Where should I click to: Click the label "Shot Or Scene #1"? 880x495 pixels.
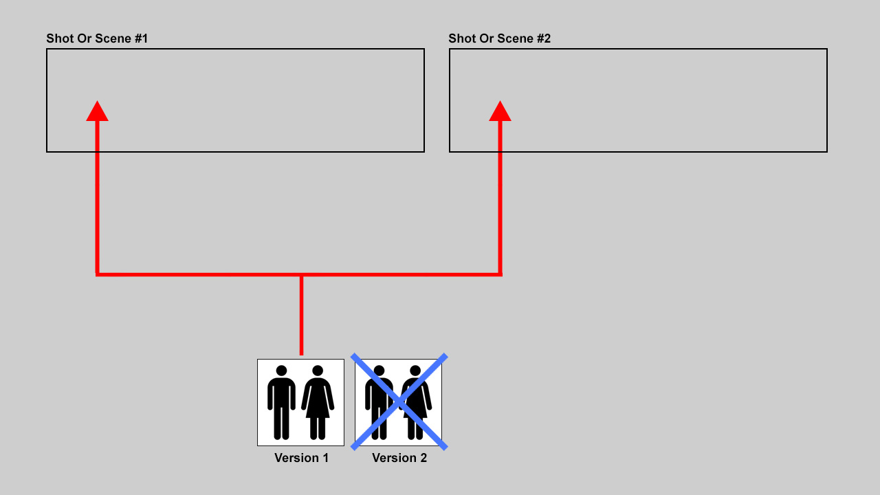pyautogui.click(x=97, y=38)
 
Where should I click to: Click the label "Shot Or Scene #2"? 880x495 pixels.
pyautogui.click(x=499, y=38)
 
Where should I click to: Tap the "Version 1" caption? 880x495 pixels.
pyautogui.click(x=301, y=458)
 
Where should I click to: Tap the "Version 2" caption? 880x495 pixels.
pyautogui.click(x=399, y=458)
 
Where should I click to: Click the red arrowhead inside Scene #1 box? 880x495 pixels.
pyautogui.click(x=97, y=112)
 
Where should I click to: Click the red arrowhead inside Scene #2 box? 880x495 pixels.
pyautogui.click(x=500, y=112)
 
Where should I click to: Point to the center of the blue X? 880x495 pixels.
pyautogui.click(x=399, y=401)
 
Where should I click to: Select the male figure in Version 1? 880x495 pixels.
pyautogui.click(x=281, y=402)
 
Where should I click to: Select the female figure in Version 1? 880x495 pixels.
pyautogui.click(x=318, y=402)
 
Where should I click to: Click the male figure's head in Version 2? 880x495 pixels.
pyautogui.click(x=379, y=371)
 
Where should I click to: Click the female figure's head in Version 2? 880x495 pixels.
pyautogui.click(x=415, y=371)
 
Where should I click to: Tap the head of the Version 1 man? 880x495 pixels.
pyautogui.click(x=281, y=371)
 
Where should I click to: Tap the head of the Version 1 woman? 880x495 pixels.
pyautogui.click(x=318, y=371)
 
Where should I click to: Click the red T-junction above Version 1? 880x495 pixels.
pyautogui.click(x=301, y=274)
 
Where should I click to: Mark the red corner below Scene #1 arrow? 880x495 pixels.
pyautogui.click(x=97, y=274)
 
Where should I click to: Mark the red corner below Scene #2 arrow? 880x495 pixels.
pyautogui.click(x=500, y=274)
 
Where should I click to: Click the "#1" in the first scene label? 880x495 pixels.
pyautogui.click(x=141, y=38)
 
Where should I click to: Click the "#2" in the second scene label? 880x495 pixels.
pyautogui.click(x=544, y=38)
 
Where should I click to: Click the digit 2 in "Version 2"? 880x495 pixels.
pyautogui.click(x=423, y=458)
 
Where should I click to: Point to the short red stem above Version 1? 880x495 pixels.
pyautogui.click(x=301, y=316)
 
